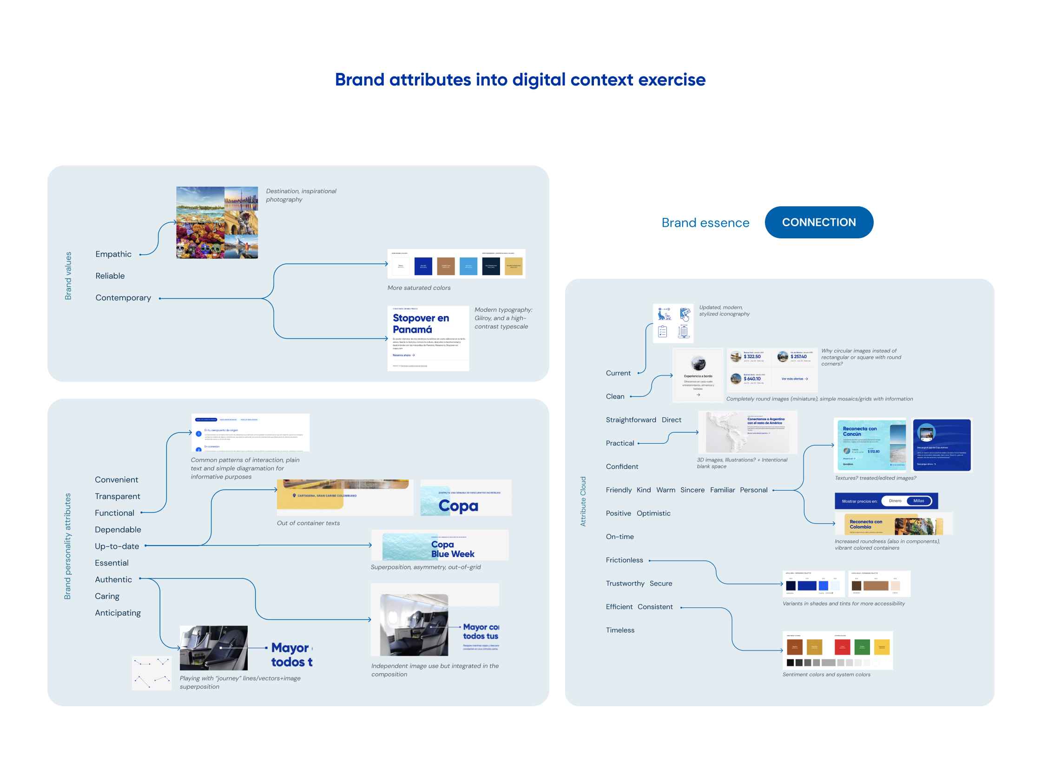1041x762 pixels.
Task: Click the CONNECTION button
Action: [x=818, y=223]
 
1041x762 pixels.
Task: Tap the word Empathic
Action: [x=113, y=254]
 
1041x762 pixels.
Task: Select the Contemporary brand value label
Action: [x=123, y=298]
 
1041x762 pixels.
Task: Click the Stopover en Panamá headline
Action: [x=421, y=324]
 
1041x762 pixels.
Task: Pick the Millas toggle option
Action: [x=918, y=501]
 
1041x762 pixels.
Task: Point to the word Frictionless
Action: [x=624, y=560]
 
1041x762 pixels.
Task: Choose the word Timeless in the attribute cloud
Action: [x=620, y=631]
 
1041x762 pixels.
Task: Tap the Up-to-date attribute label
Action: [x=117, y=546]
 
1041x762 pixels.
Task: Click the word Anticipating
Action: [x=118, y=613]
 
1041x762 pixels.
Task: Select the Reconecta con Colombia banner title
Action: [x=865, y=524]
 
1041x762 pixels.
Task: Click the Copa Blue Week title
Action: [x=452, y=549]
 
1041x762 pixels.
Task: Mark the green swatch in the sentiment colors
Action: [x=862, y=647]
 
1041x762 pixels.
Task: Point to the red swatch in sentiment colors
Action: [x=842, y=647]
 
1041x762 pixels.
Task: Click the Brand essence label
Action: [x=705, y=223]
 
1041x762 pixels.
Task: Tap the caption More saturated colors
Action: [x=419, y=288]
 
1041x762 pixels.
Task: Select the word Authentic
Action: [x=113, y=580]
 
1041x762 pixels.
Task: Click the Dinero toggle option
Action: [x=895, y=501]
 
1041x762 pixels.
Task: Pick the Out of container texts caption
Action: [x=308, y=523]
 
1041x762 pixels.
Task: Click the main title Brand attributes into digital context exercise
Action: [x=520, y=80]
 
